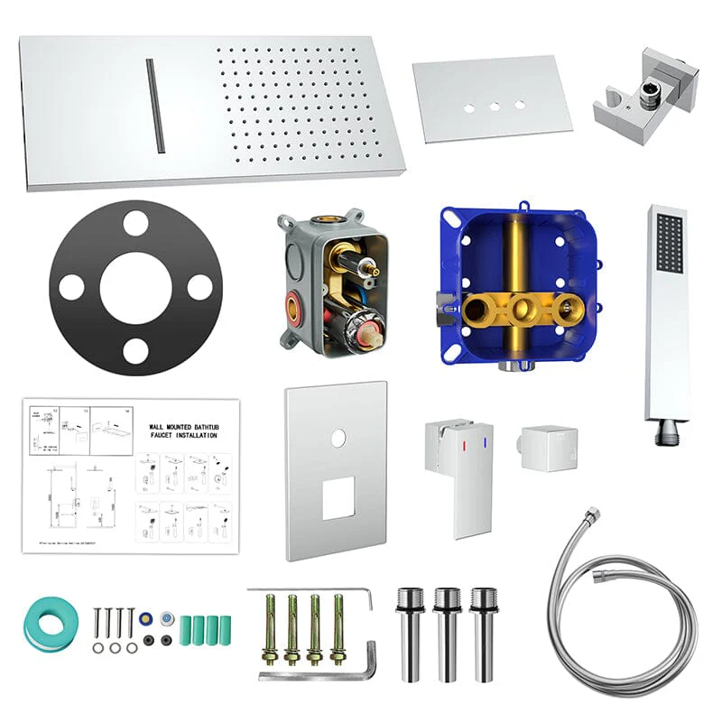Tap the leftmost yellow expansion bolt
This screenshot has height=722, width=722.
[268, 626]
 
